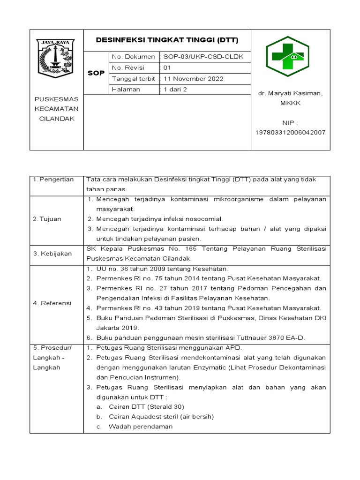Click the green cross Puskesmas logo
click(x=287, y=57)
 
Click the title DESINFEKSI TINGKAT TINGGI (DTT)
click(x=167, y=40)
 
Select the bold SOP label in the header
click(x=96, y=73)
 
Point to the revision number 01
click(x=167, y=67)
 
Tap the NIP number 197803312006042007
click(x=290, y=133)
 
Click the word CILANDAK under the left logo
click(x=56, y=119)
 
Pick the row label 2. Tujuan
click(x=47, y=219)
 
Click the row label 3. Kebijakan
click(x=52, y=254)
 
